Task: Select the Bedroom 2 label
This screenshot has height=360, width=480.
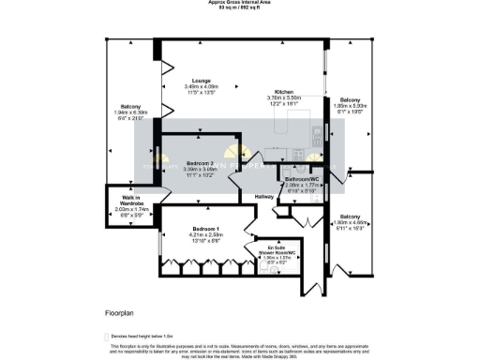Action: [x=202, y=163]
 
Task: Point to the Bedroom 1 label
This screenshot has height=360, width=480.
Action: [x=206, y=229]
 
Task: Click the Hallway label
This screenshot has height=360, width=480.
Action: [x=265, y=196]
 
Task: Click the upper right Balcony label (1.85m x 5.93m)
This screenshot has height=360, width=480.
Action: [x=350, y=99]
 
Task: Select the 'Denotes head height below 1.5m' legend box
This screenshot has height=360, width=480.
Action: [x=107, y=335]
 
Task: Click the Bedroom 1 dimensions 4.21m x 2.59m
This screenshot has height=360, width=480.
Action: [x=206, y=235]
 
